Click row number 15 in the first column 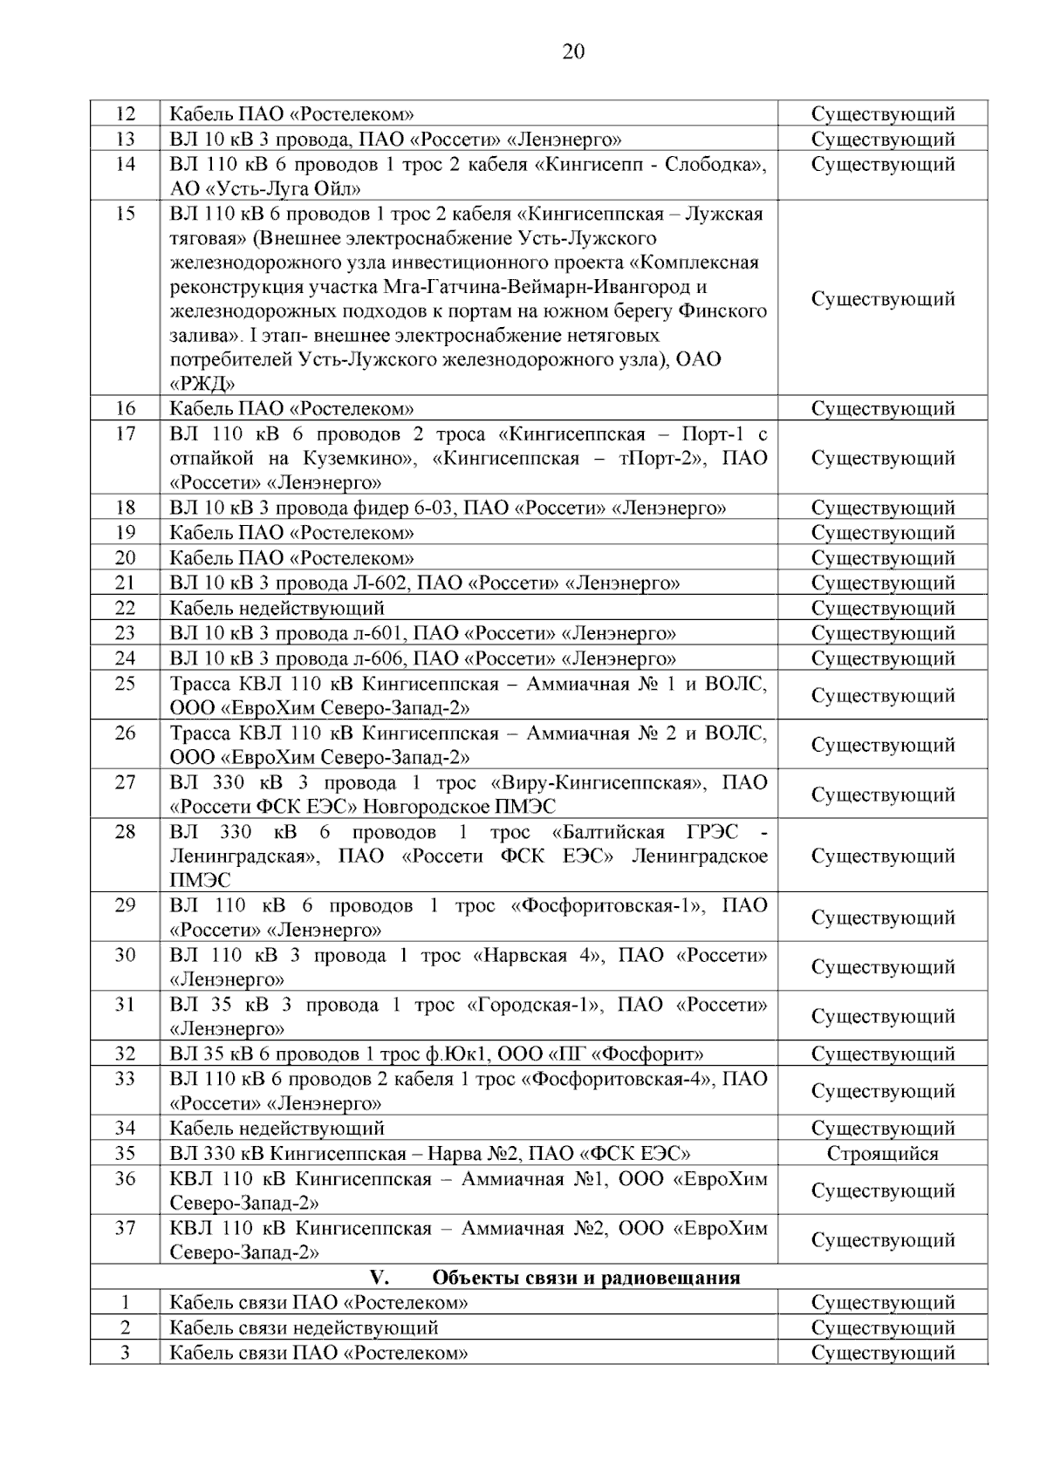126,214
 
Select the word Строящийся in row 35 882,1154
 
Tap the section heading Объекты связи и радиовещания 585,1278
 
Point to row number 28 126,832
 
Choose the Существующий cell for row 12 882,114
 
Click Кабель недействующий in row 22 277,608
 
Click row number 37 126,1228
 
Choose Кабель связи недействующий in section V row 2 304,1327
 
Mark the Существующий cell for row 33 882,1091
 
